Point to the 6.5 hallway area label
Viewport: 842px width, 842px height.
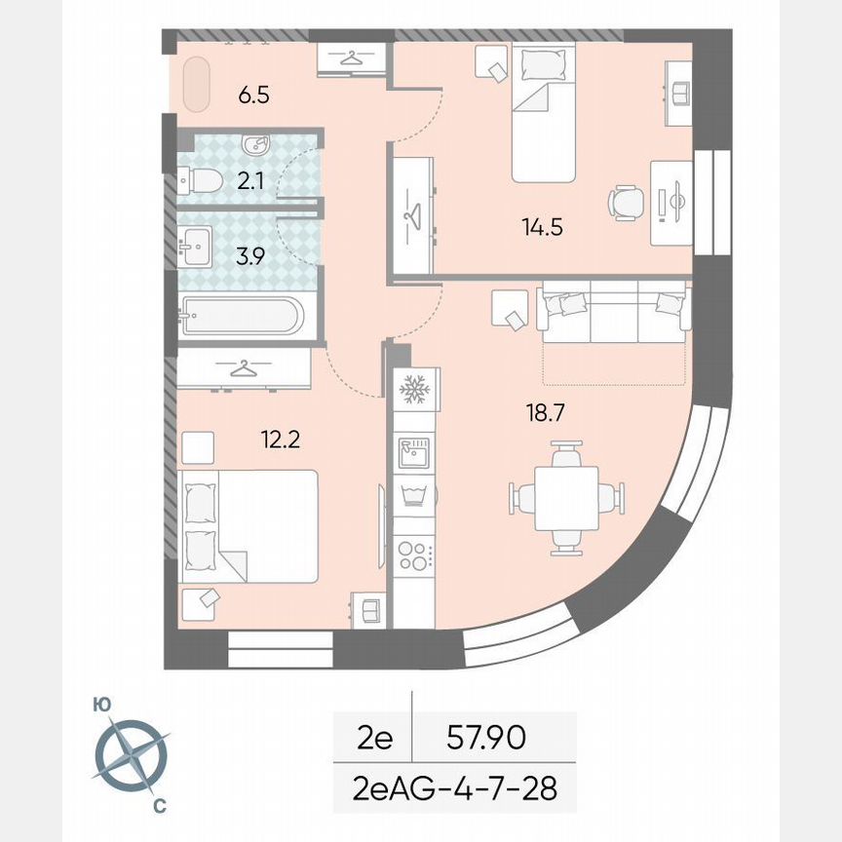[x=253, y=96]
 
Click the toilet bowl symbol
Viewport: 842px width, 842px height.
[x=202, y=180]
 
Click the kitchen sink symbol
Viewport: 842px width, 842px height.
[x=415, y=451]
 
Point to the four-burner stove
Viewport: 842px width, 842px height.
[x=415, y=555]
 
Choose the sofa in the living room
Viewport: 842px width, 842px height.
[x=611, y=313]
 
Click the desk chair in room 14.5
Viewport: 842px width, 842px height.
[x=627, y=203]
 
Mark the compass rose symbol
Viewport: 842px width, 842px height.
[x=132, y=753]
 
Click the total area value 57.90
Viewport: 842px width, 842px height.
[x=485, y=739]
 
